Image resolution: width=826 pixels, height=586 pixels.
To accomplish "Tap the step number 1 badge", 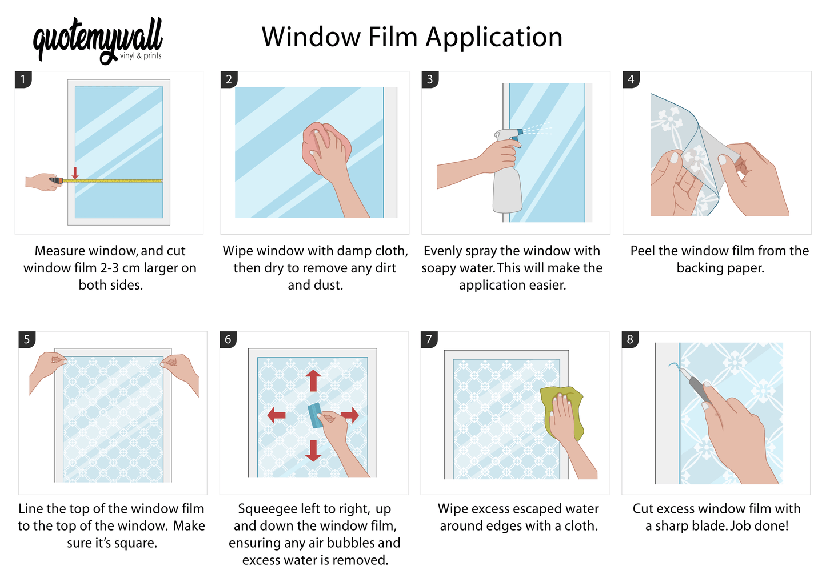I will [23, 79].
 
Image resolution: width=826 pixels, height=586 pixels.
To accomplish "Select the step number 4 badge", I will [631, 79].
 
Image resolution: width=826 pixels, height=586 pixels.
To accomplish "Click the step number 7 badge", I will [429, 339].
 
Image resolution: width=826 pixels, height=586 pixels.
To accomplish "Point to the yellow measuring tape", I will [114, 181].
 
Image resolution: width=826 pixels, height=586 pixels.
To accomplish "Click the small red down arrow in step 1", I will [75, 173].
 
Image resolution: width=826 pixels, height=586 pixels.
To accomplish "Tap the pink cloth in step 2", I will [320, 148].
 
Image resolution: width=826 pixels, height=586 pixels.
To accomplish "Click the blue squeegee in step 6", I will [314, 414].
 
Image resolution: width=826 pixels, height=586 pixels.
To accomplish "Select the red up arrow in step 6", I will [313, 380].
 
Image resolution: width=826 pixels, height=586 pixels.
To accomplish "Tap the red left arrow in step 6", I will [277, 415].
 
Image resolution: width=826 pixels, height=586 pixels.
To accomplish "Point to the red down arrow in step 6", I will [313, 450].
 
